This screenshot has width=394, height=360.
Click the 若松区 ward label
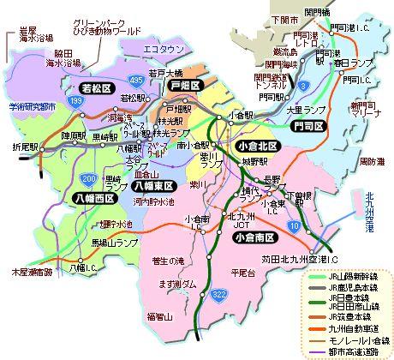(x=91, y=88)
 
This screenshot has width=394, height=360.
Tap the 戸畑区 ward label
(x=183, y=87)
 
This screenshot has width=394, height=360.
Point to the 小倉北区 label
(x=261, y=147)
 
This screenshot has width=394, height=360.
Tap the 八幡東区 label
(x=154, y=185)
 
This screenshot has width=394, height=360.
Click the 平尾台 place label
(x=244, y=273)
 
